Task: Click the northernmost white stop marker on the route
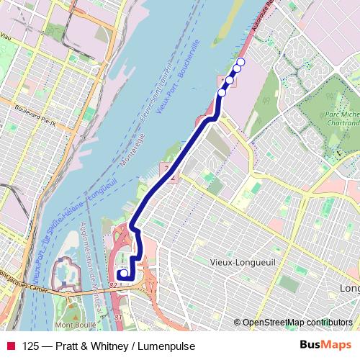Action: [240, 63]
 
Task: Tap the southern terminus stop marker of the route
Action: [122, 274]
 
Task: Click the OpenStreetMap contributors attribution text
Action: [297, 323]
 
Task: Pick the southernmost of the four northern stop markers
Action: [222, 92]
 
